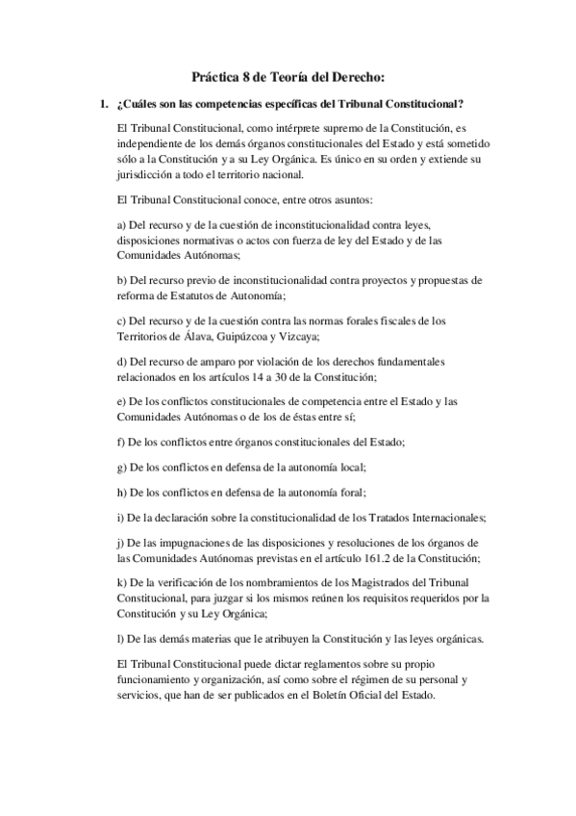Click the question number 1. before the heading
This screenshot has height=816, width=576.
tap(93, 103)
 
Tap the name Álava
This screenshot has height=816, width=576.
tap(239, 336)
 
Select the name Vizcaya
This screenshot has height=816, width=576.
tap(353, 336)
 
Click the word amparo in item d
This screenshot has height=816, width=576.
tap(213, 361)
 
